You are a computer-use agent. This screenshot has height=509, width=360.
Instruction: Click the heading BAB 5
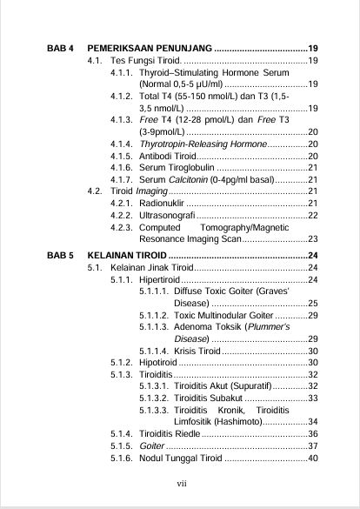tap(61, 254)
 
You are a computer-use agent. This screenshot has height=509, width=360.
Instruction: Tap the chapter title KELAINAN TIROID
tap(128, 254)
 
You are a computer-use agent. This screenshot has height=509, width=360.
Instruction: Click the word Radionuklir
tap(162, 203)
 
